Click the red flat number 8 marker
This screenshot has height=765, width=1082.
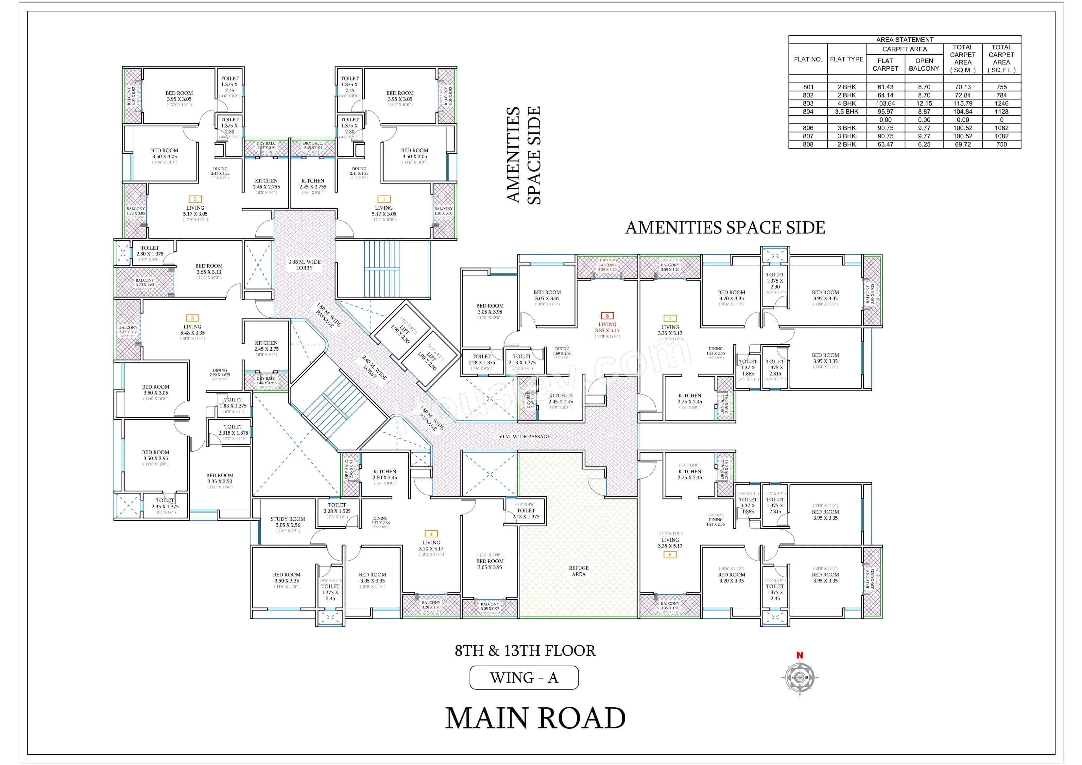point(607,316)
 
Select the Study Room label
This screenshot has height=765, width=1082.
point(287,522)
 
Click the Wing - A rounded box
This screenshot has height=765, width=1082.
point(524,678)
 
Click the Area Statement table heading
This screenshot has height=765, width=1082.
point(904,40)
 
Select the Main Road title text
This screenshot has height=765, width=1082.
point(535,718)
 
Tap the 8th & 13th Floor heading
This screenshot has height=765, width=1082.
point(524,651)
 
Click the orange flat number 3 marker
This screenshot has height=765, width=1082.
point(192,318)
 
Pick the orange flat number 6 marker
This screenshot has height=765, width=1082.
point(670,555)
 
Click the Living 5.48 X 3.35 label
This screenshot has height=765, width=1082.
point(192,329)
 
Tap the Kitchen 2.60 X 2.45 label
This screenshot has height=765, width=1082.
point(385,474)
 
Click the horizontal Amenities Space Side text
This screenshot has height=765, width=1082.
point(725,228)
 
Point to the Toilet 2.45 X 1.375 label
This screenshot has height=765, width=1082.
point(165,503)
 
